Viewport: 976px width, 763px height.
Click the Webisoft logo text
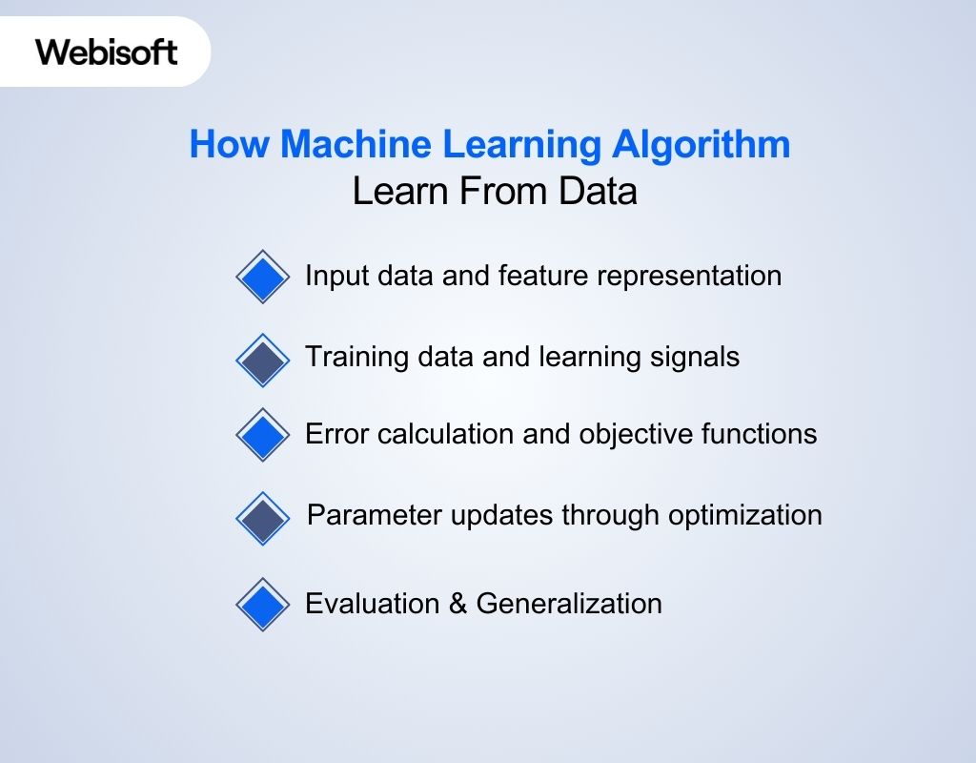(x=107, y=52)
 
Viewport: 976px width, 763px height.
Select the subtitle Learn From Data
(x=495, y=192)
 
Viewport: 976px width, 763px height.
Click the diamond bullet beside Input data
(x=262, y=278)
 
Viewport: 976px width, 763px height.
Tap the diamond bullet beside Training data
(x=262, y=360)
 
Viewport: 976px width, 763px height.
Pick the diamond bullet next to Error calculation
(x=262, y=435)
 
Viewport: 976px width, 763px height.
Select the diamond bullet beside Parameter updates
(x=262, y=518)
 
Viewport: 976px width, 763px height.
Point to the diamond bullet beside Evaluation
(x=262, y=605)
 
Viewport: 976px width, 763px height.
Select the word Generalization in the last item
(x=569, y=604)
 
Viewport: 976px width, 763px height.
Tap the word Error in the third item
(x=336, y=435)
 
